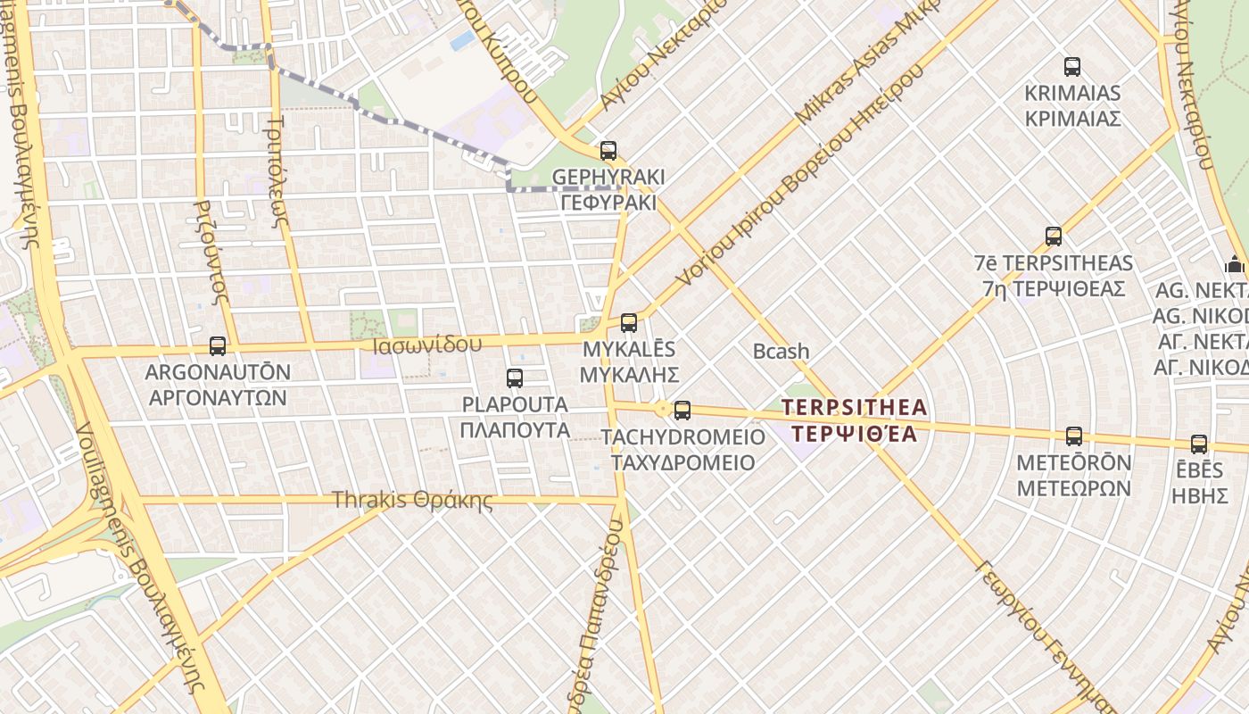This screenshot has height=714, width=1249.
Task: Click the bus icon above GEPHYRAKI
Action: [608, 151]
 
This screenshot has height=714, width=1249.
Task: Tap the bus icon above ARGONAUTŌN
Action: [218, 345]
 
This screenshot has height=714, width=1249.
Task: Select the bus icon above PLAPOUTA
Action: [515, 378]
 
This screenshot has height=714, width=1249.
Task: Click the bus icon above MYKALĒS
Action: [629, 323]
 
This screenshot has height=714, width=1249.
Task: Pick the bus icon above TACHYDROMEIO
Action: [682, 411]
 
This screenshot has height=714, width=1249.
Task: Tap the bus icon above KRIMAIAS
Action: [1072, 67]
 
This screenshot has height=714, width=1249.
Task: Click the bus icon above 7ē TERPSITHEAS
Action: [1054, 237]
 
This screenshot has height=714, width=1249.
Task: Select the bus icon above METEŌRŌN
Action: [1074, 436]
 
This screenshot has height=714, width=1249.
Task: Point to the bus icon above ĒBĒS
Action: [1199, 444]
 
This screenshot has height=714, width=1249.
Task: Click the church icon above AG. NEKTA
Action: [1236, 264]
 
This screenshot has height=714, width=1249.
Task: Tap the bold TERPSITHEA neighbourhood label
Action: [855, 408]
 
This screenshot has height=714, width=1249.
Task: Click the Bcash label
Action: [781, 352]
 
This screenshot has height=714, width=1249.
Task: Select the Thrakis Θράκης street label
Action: [412, 500]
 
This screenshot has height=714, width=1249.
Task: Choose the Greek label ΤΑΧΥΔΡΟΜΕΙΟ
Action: [682, 463]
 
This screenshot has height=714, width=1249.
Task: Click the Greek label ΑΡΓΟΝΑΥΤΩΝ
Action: [216, 397]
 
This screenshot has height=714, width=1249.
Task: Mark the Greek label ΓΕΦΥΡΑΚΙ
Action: [608, 203]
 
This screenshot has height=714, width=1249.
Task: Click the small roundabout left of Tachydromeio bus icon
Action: [663, 410]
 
